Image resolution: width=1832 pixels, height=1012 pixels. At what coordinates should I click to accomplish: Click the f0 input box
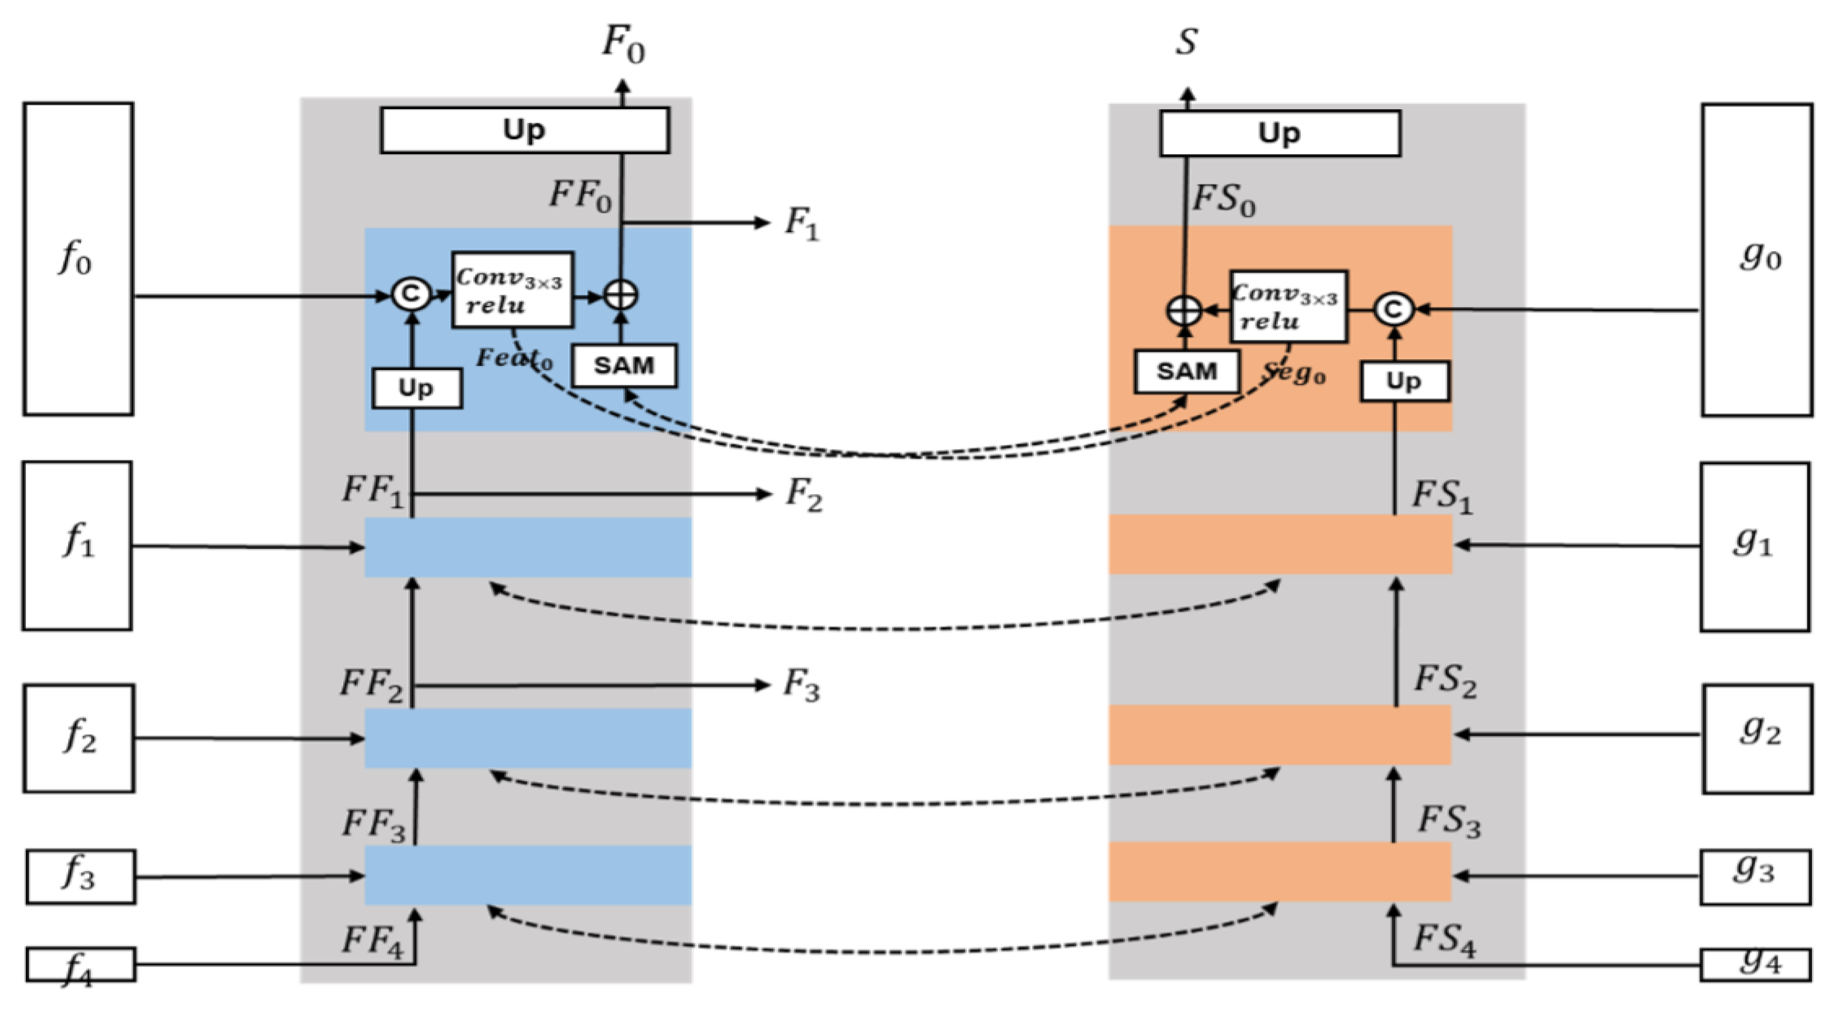pos(78,259)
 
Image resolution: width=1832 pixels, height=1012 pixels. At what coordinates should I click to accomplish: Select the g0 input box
pos(1756,260)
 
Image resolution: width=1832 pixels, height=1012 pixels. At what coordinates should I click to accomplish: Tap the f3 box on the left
pos(81,876)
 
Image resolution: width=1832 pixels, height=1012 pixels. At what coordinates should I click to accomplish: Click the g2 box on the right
pos(1757,738)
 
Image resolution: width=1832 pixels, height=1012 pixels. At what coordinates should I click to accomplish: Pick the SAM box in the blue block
pos(624,365)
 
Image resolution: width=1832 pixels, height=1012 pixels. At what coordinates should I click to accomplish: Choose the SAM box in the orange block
pos(1186,370)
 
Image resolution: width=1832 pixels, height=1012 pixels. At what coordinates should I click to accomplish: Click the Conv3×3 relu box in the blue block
pos(512,290)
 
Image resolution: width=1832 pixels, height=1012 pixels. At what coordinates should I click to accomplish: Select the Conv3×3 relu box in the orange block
pos(1288,306)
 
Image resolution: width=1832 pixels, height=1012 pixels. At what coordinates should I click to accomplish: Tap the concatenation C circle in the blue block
pos(411,294)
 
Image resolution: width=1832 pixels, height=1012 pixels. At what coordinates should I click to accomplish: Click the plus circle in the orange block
pos(1184,311)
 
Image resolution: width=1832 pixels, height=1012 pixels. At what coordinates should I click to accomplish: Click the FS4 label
pos(1444,939)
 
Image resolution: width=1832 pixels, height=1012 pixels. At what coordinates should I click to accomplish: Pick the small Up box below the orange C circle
pos(1404,381)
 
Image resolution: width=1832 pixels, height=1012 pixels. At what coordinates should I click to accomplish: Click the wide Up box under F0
pos(524,130)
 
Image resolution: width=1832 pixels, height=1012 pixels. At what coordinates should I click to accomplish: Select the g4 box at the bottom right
pos(1755,965)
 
